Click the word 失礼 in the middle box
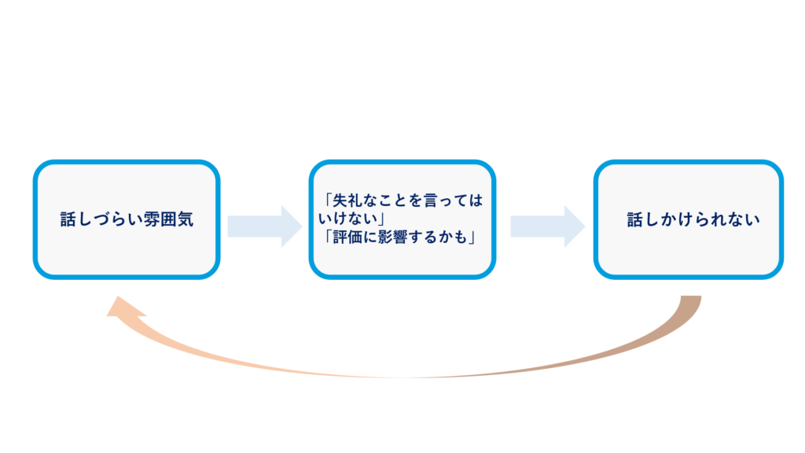tap(341, 201)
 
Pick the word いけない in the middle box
tap(346, 219)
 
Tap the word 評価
tap(342, 237)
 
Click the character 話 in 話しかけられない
tap(634, 220)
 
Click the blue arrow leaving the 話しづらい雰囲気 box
tap(264, 226)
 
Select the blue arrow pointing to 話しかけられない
tap(547, 226)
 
